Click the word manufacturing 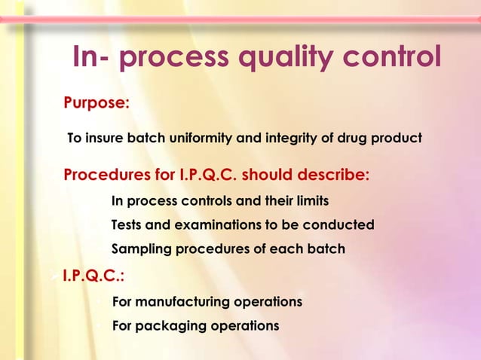(183, 302)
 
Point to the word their (269, 202)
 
